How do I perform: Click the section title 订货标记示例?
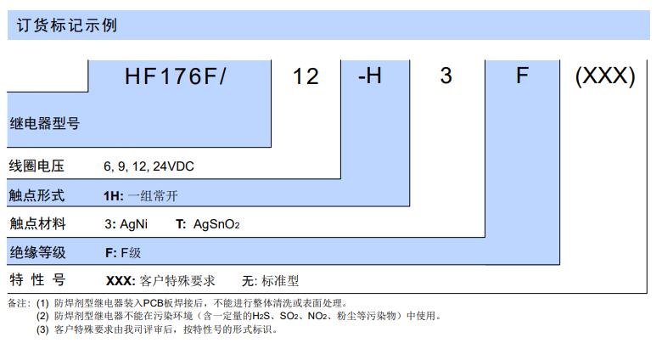(67, 25)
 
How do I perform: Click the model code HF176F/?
(176, 76)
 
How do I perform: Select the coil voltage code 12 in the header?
(306, 77)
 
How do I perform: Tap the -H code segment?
(370, 76)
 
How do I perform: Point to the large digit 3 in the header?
(446, 76)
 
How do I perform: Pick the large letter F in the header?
(522, 76)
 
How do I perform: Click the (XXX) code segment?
(605, 76)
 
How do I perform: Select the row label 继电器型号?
(45, 123)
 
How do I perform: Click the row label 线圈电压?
(36, 166)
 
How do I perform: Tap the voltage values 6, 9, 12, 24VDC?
(149, 166)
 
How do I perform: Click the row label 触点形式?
(36, 195)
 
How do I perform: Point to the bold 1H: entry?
(114, 196)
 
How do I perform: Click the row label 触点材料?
(37, 223)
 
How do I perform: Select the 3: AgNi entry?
(126, 224)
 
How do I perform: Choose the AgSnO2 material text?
(216, 224)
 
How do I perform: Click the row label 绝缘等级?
(37, 252)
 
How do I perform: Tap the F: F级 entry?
(123, 253)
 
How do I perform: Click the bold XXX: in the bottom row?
(121, 281)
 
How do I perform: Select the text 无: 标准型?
(270, 281)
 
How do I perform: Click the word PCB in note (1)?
(154, 303)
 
